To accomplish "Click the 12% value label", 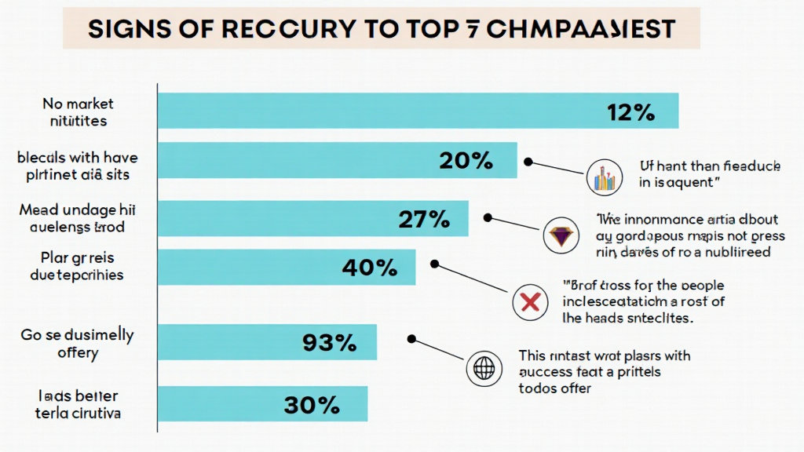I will click(630, 112).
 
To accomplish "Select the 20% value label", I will click(466, 161).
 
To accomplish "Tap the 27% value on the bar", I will click(424, 220).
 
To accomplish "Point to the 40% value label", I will click(369, 268).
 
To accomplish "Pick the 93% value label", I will click(329, 342).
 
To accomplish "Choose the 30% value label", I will click(312, 405).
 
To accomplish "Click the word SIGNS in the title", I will click(127, 30).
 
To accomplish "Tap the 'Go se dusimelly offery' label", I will click(77, 344).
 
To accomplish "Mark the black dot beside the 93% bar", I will click(411, 339).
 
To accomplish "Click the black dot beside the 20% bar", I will click(528, 162).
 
